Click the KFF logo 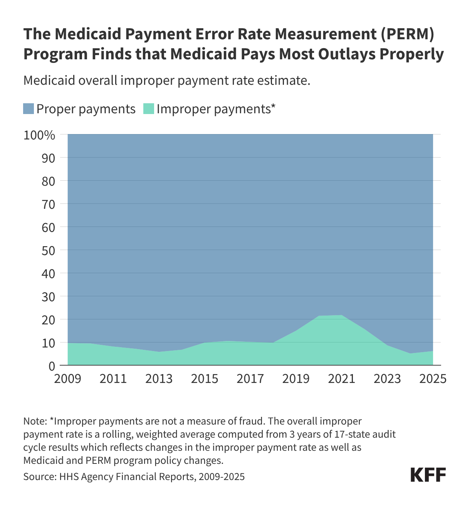pos(428,475)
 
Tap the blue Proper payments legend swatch pos(29,109)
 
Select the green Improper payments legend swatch pos(149,109)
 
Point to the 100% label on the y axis pos(40,135)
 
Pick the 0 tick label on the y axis pos(52,366)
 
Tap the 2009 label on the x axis pos(68,379)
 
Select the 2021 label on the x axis pos(342,379)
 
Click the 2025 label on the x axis pos(433,379)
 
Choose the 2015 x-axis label pos(205,379)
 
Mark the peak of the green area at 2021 pos(342,316)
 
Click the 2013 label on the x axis pos(159,379)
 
